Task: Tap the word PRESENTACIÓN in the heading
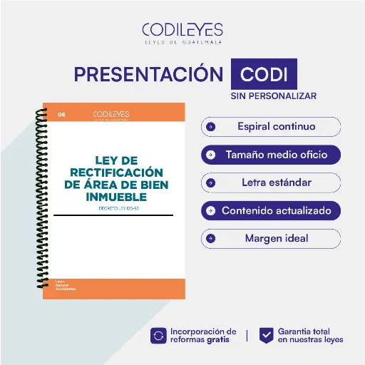pyautogui.click(x=149, y=75)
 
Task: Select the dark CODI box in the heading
pyautogui.click(x=264, y=75)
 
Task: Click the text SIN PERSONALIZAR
pyautogui.click(x=274, y=96)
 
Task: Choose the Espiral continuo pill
pyautogui.click(x=271, y=127)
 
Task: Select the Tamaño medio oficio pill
pyautogui.click(x=271, y=154)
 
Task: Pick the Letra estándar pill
pyautogui.click(x=271, y=182)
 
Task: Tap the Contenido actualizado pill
pyautogui.click(x=271, y=211)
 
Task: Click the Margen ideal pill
pyautogui.click(x=271, y=238)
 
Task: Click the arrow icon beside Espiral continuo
pyautogui.click(x=211, y=127)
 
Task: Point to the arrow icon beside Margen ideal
pyautogui.click(x=211, y=238)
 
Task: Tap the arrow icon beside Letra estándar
pyautogui.click(x=211, y=182)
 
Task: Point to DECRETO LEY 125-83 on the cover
pyautogui.click(x=114, y=208)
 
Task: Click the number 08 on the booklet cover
pyautogui.click(x=61, y=114)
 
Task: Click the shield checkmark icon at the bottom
pyautogui.click(x=266, y=335)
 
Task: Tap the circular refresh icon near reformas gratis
pyautogui.click(x=158, y=335)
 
